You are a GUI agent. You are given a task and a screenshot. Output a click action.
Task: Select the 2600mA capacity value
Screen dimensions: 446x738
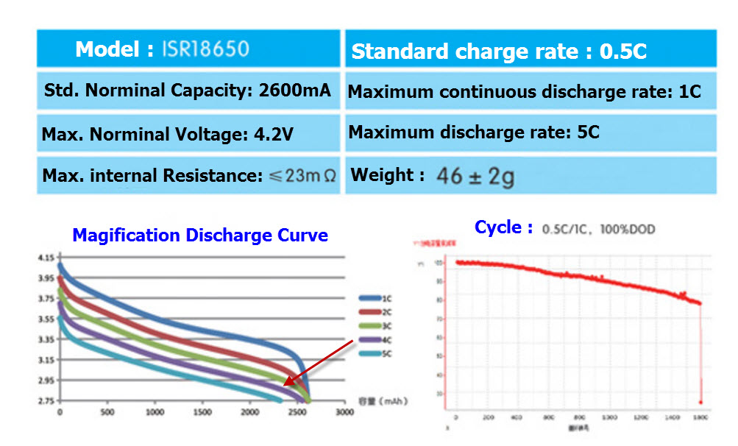tap(295, 91)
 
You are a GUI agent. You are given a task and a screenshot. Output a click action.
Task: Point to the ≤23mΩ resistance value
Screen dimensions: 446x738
tap(301, 177)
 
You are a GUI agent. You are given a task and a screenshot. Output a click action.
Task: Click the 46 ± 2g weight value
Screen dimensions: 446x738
tap(475, 177)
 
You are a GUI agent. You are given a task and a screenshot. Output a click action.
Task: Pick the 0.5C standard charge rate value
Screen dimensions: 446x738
tap(623, 52)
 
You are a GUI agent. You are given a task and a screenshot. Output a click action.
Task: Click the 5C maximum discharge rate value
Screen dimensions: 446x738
tap(589, 132)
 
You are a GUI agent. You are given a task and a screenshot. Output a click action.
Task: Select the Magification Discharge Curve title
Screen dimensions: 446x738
tap(200, 236)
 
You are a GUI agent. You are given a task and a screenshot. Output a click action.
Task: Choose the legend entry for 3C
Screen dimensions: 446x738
tap(378, 326)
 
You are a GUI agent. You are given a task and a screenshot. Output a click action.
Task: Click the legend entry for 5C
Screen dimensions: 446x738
tap(378, 354)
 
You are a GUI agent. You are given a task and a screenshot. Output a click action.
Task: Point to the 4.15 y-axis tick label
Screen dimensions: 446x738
tap(45, 258)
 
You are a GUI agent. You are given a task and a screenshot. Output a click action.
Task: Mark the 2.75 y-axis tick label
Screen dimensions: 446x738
tap(45, 401)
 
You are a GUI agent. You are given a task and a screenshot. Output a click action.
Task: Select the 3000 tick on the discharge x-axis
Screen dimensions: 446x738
tap(344, 413)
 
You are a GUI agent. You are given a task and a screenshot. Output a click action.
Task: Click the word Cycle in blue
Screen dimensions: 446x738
tap(498, 227)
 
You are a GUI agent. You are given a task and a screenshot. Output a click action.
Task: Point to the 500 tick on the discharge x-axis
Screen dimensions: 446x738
tap(107, 413)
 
